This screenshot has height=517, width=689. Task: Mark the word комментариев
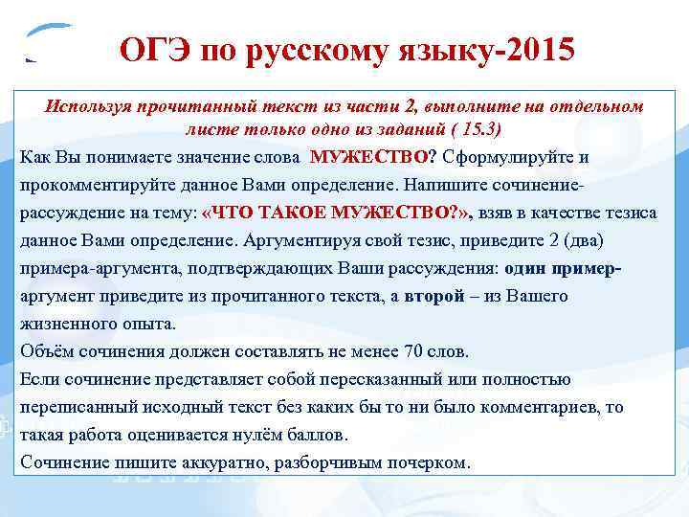point(532,407)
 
